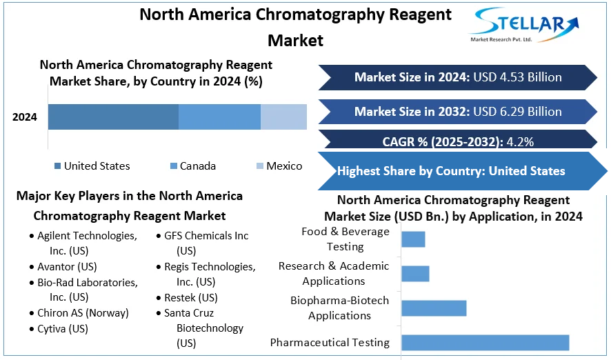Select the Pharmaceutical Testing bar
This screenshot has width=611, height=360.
pyautogui.click(x=485, y=342)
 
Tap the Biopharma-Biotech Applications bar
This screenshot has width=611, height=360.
pyautogui.click(x=434, y=308)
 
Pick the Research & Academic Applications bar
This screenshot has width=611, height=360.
pyautogui.click(x=415, y=273)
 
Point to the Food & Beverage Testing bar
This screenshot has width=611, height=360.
pyautogui.click(x=413, y=239)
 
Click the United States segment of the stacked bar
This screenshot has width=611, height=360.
pyautogui.click(x=113, y=117)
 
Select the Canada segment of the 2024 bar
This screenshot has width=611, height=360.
pyautogui.click(x=219, y=117)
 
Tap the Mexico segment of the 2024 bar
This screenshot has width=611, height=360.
pyautogui.click(x=283, y=117)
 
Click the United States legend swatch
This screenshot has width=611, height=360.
pyautogui.click(x=57, y=166)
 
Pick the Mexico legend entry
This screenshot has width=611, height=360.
pyautogui.click(x=279, y=166)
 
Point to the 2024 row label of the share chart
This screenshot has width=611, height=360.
pyautogui.click(x=25, y=117)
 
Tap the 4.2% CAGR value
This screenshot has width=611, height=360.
pyautogui.click(x=520, y=142)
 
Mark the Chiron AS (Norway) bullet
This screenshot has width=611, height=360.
pyautogui.click(x=83, y=313)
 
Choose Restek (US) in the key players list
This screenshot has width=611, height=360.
pyautogui.click(x=190, y=298)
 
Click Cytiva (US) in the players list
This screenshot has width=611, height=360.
pyautogui.click(x=62, y=329)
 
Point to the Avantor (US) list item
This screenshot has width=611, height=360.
pyautogui.click(x=67, y=267)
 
